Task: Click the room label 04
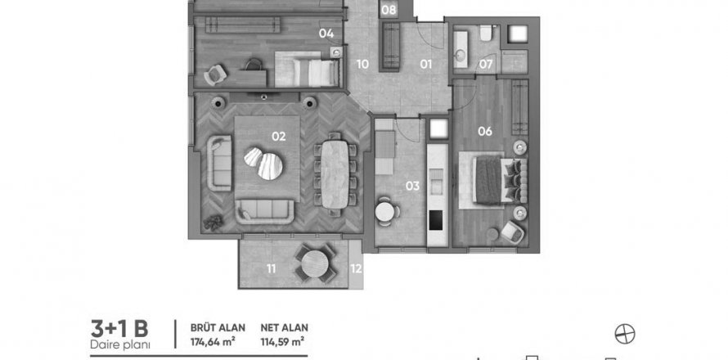pos(326,34)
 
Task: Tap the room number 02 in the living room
pos(279,137)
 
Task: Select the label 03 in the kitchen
pos(412,187)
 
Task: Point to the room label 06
pos(485,132)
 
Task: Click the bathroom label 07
pos(486,64)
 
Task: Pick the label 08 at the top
pos(389,10)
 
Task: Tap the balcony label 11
pos(272,268)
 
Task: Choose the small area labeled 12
pos(356,268)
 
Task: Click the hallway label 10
pos(362,64)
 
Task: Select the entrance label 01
pos(426,64)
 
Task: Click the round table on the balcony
pos(315,263)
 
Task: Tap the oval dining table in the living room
pos(335,174)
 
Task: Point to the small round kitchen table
pos(385,212)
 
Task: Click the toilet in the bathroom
pos(486,33)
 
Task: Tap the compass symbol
pos(625,334)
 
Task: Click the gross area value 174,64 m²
pos(213,342)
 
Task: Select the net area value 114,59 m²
pos(282,342)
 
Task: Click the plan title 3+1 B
pos(119,328)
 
